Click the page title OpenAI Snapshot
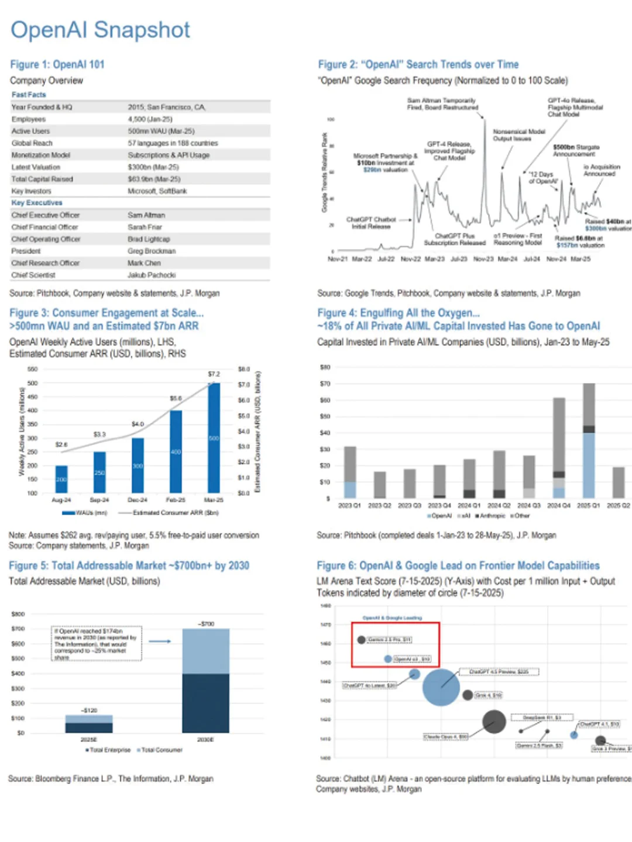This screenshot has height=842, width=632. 100,30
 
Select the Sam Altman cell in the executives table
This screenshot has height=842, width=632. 146,215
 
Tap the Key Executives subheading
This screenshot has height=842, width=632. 37,203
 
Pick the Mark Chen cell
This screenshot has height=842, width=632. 144,263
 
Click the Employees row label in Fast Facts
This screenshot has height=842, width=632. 29,119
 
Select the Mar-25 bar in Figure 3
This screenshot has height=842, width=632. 214,438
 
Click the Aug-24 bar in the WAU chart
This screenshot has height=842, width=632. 61,479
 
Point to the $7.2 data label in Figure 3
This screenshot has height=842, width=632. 214,374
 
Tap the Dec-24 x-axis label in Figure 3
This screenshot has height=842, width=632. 138,500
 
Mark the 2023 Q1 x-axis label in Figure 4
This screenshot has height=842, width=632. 349,505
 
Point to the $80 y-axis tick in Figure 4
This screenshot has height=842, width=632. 325,367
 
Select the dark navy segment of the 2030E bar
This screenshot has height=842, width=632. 205,703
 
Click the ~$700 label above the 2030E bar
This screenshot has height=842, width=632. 206,624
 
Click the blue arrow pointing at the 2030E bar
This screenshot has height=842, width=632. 159,641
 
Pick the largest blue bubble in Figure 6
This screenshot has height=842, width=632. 441,687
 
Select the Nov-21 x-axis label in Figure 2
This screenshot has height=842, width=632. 337,258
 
